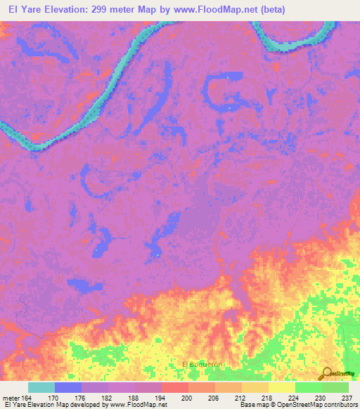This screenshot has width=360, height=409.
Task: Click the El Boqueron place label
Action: coord(202,364)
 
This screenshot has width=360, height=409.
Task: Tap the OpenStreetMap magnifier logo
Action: coord(327,373)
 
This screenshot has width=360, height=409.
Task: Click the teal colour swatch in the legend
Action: coord(41,387)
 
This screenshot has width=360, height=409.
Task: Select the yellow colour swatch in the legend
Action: coord(281,387)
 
